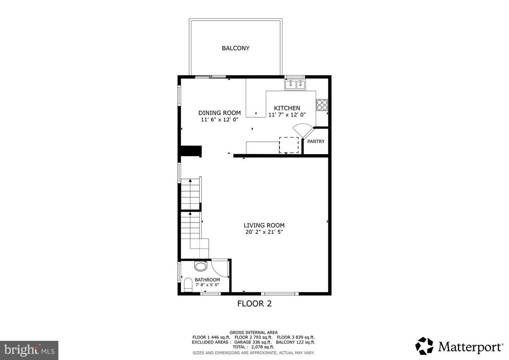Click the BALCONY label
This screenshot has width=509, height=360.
point(235,48)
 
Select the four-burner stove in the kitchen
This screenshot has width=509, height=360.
point(322,105)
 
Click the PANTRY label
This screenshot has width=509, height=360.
point(316,142)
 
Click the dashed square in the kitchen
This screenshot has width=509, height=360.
point(289,145)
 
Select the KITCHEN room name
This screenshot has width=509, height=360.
point(287,108)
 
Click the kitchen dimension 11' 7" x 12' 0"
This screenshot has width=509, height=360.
point(287,115)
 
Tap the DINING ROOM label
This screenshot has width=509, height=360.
point(219,113)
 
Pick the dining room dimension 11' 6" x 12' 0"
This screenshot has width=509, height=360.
point(219,120)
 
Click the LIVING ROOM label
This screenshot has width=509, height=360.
point(264,225)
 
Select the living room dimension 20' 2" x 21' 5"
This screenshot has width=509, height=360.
point(264,232)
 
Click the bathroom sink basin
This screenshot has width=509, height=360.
point(201,267)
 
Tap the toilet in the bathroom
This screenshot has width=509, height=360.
point(188,285)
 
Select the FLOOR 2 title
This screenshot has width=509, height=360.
point(254,304)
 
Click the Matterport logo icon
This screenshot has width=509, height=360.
point(424,346)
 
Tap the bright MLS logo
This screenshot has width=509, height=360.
point(29,349)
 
